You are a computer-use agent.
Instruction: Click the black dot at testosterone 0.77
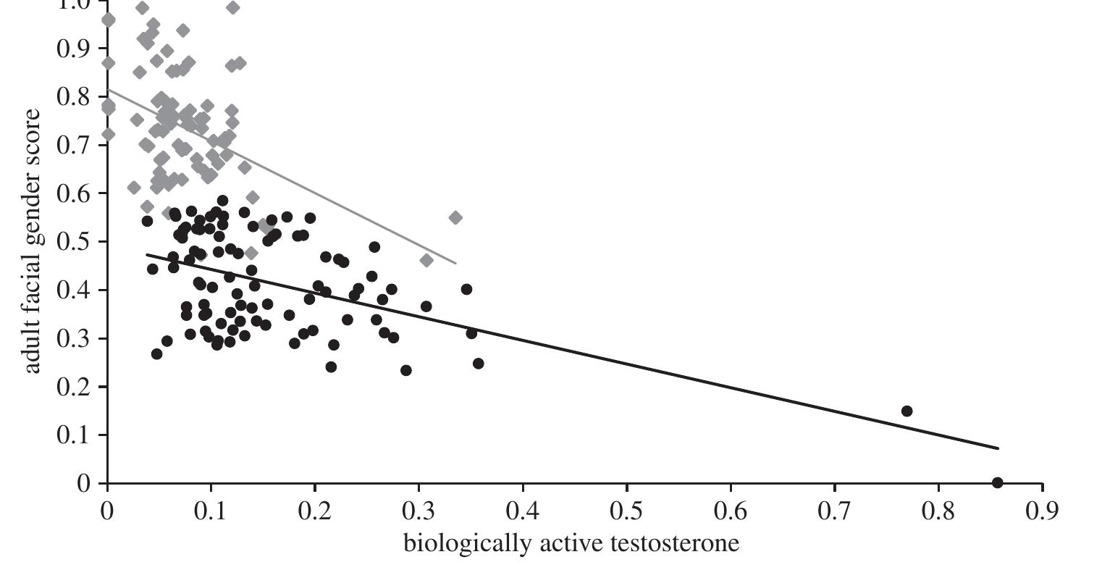tap(907, 411)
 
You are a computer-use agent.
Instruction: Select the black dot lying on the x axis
tap(997, 482)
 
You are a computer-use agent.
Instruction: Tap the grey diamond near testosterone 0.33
tap(455, 217)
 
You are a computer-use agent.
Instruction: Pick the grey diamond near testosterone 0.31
tap(426, 260)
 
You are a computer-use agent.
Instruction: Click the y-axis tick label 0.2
tap(72, 387)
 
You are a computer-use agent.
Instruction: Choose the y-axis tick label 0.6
tap(72, 193)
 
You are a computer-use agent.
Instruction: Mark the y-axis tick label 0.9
tap(72, 49)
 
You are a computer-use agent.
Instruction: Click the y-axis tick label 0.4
tap(72, 290)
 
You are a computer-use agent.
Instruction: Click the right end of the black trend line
tap(998, 448)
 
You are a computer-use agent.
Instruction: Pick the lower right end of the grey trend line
tap(455, 263)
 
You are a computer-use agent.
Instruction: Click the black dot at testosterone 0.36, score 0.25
tap(478, 363)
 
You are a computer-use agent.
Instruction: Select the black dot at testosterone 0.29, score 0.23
tap(405, 370)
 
